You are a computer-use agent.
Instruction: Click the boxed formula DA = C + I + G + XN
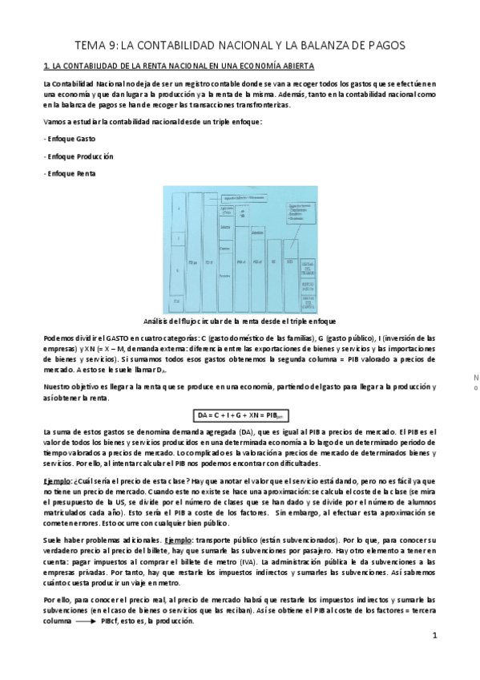(x=241, y=416)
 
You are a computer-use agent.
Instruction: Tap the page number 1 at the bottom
(x=434, y=637)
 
